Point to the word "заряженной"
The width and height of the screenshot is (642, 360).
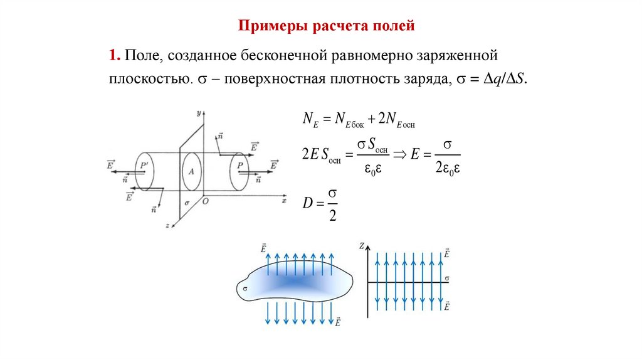(463, 56)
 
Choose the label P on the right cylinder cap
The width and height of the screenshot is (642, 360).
(239, 166)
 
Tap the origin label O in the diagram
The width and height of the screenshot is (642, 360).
(204, 201)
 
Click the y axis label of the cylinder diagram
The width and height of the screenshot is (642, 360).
(197, 114)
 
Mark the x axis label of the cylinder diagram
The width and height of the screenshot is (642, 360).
(283, 201)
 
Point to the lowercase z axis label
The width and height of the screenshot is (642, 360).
(167, 224)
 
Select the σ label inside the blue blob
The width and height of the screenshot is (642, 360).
(245, 289)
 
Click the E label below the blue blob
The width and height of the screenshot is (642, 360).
(338, 322)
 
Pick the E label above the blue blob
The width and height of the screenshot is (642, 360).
(264, 249)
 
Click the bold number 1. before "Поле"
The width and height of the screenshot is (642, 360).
(114, 56)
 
